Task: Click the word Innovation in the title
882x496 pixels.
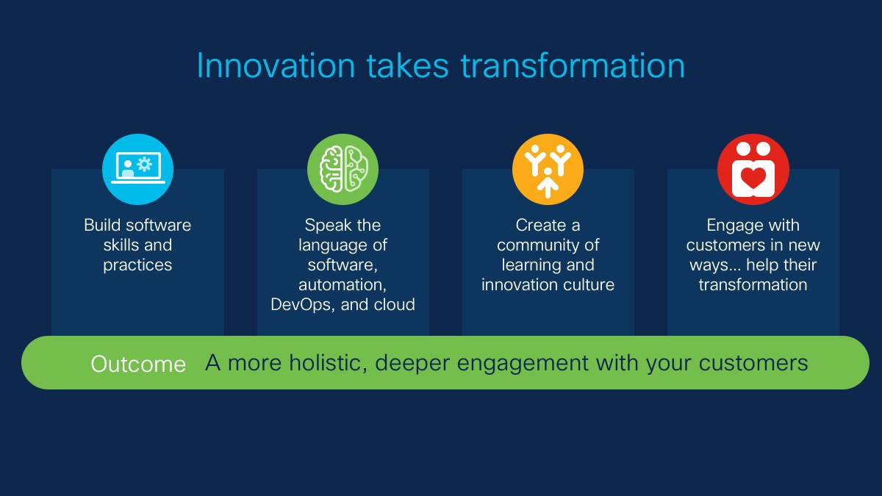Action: point(276,65)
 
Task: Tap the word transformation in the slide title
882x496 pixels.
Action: point(573,65)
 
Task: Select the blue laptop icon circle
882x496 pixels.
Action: point(138,169)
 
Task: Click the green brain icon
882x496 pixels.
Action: point(343,169)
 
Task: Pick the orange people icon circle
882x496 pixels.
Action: point(548,169)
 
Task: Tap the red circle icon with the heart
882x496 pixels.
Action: point(753,169)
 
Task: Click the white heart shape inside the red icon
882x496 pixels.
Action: point(753,178)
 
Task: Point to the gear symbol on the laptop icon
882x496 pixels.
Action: point(145,164)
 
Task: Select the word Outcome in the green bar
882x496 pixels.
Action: point(138,364)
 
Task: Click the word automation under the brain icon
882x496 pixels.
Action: point(343,284)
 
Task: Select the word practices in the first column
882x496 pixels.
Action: point(137,265)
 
